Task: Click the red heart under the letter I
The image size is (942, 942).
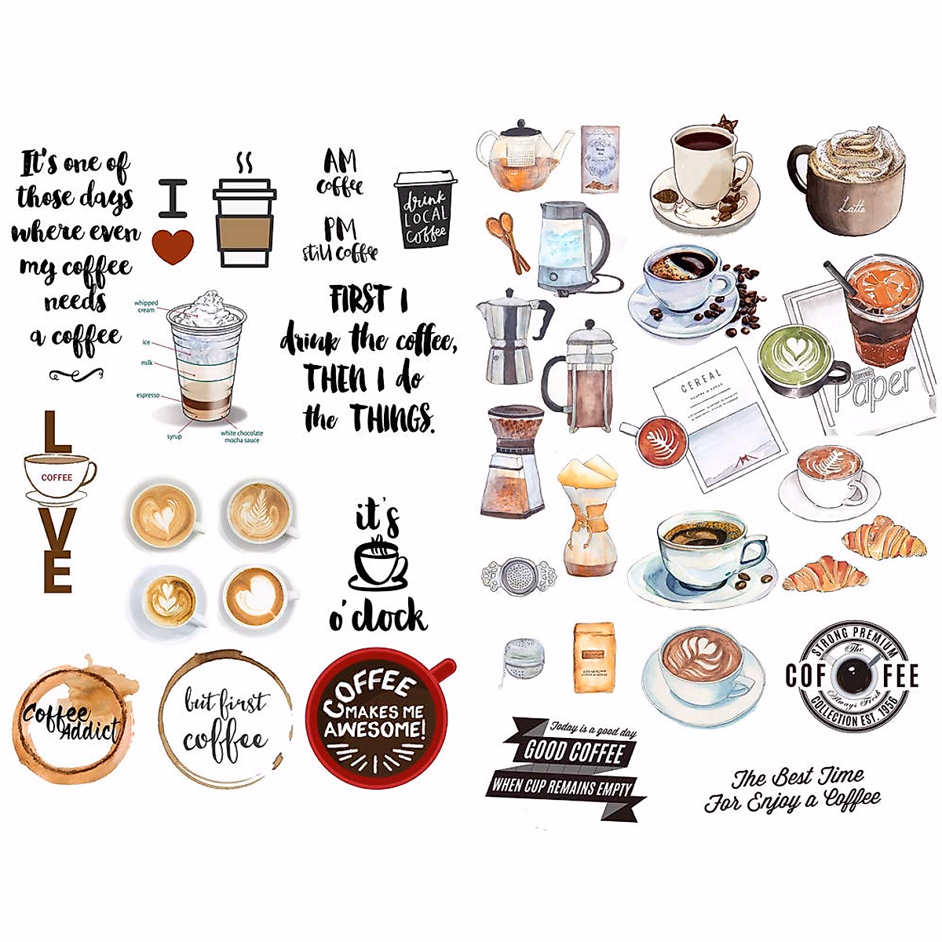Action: coord(173,246)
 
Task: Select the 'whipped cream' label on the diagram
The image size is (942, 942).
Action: coord(145,306)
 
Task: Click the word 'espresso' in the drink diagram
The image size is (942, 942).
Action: coord(148,395)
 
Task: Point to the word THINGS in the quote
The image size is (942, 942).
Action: coord(392,418)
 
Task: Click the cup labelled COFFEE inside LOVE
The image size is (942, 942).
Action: coord(57,476)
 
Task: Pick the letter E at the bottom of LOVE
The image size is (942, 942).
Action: coord(58,571)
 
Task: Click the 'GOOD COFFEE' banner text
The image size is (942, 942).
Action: coord(574,751)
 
